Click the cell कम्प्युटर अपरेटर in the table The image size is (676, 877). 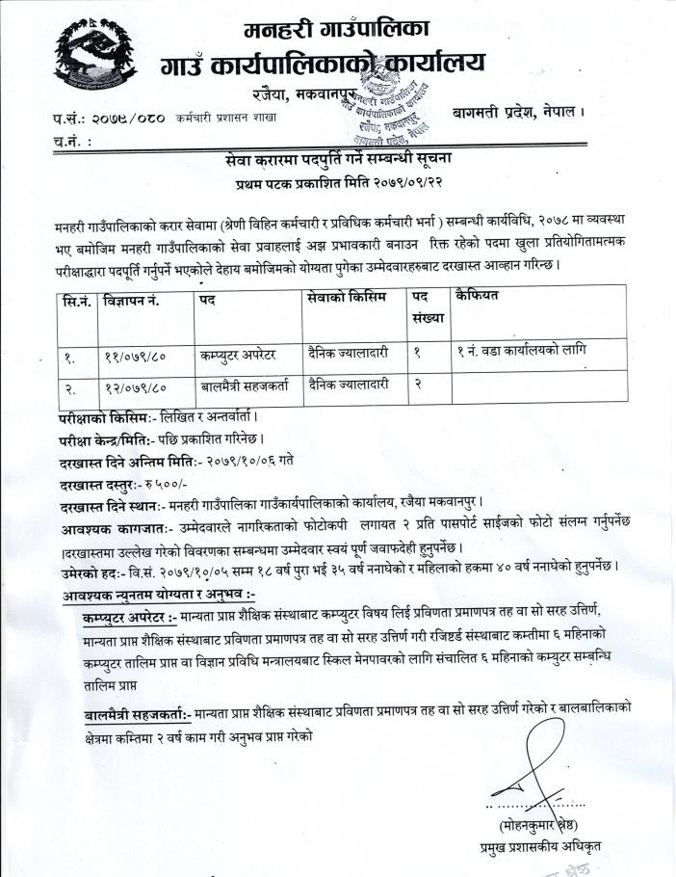(x=238, y=354)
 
